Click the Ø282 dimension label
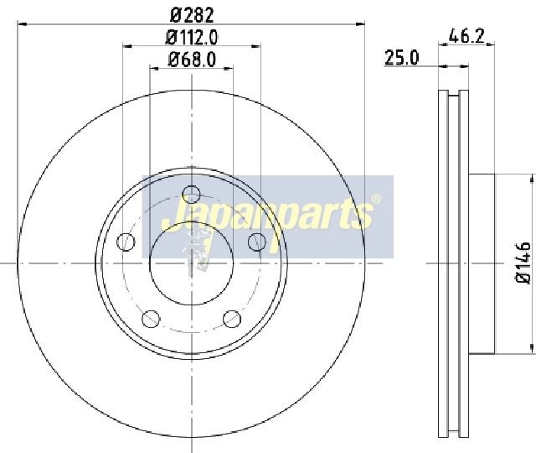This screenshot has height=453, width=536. pos(192,15)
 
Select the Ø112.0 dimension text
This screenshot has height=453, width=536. pos(192,38)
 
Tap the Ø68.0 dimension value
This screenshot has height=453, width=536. pos(192,60)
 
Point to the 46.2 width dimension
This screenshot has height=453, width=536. pos(466,36)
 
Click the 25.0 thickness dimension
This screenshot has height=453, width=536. pos(402,58)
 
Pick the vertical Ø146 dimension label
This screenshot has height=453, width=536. pos(523,263)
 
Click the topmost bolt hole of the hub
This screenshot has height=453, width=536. pos(192,194)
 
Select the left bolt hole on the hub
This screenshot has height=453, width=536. pos(126,242)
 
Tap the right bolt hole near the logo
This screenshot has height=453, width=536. pos(257,242)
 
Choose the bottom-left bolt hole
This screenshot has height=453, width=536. pos(151,319)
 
